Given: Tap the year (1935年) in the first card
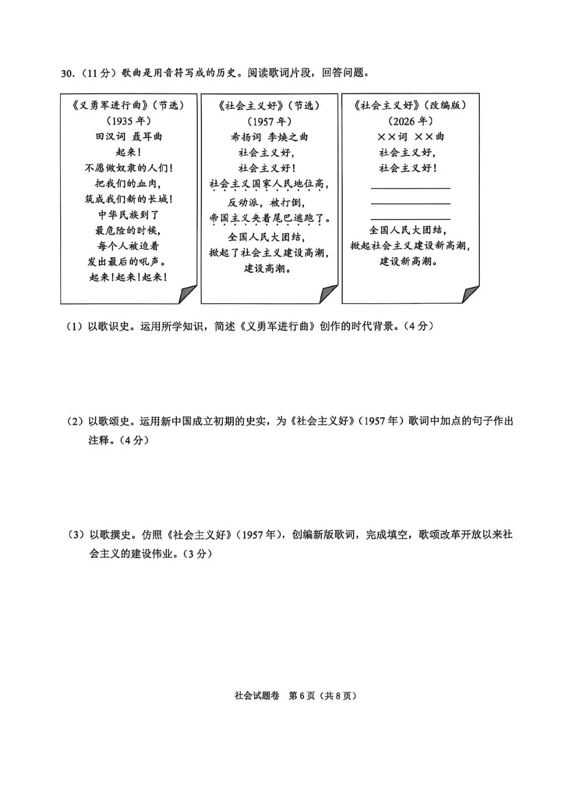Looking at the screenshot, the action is coord(129,121).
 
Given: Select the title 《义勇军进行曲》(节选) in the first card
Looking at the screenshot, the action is coord(129,105).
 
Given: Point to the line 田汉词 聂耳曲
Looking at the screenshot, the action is coord(129,136).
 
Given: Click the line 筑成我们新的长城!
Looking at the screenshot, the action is coord(129,199).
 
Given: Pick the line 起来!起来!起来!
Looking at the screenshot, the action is coord(129,277).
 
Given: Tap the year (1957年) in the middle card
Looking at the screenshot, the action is coord(269,121).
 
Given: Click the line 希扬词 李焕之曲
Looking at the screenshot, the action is coord(269,137).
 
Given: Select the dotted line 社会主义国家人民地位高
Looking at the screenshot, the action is coord(269,184).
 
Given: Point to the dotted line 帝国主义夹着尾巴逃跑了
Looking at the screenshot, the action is coord(269,218).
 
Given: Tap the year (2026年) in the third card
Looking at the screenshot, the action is coord(410,121).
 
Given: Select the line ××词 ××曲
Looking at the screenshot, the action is coord(410,137).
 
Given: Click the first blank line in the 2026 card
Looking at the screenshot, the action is coord(410,187).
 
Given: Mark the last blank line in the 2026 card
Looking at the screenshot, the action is coord(410,219).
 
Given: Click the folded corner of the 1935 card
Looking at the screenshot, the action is coord(188,294).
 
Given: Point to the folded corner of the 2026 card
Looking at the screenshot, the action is coord(470,294).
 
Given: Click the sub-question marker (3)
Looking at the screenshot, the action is coord(76,535).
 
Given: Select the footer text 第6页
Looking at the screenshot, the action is coord(302,696).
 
